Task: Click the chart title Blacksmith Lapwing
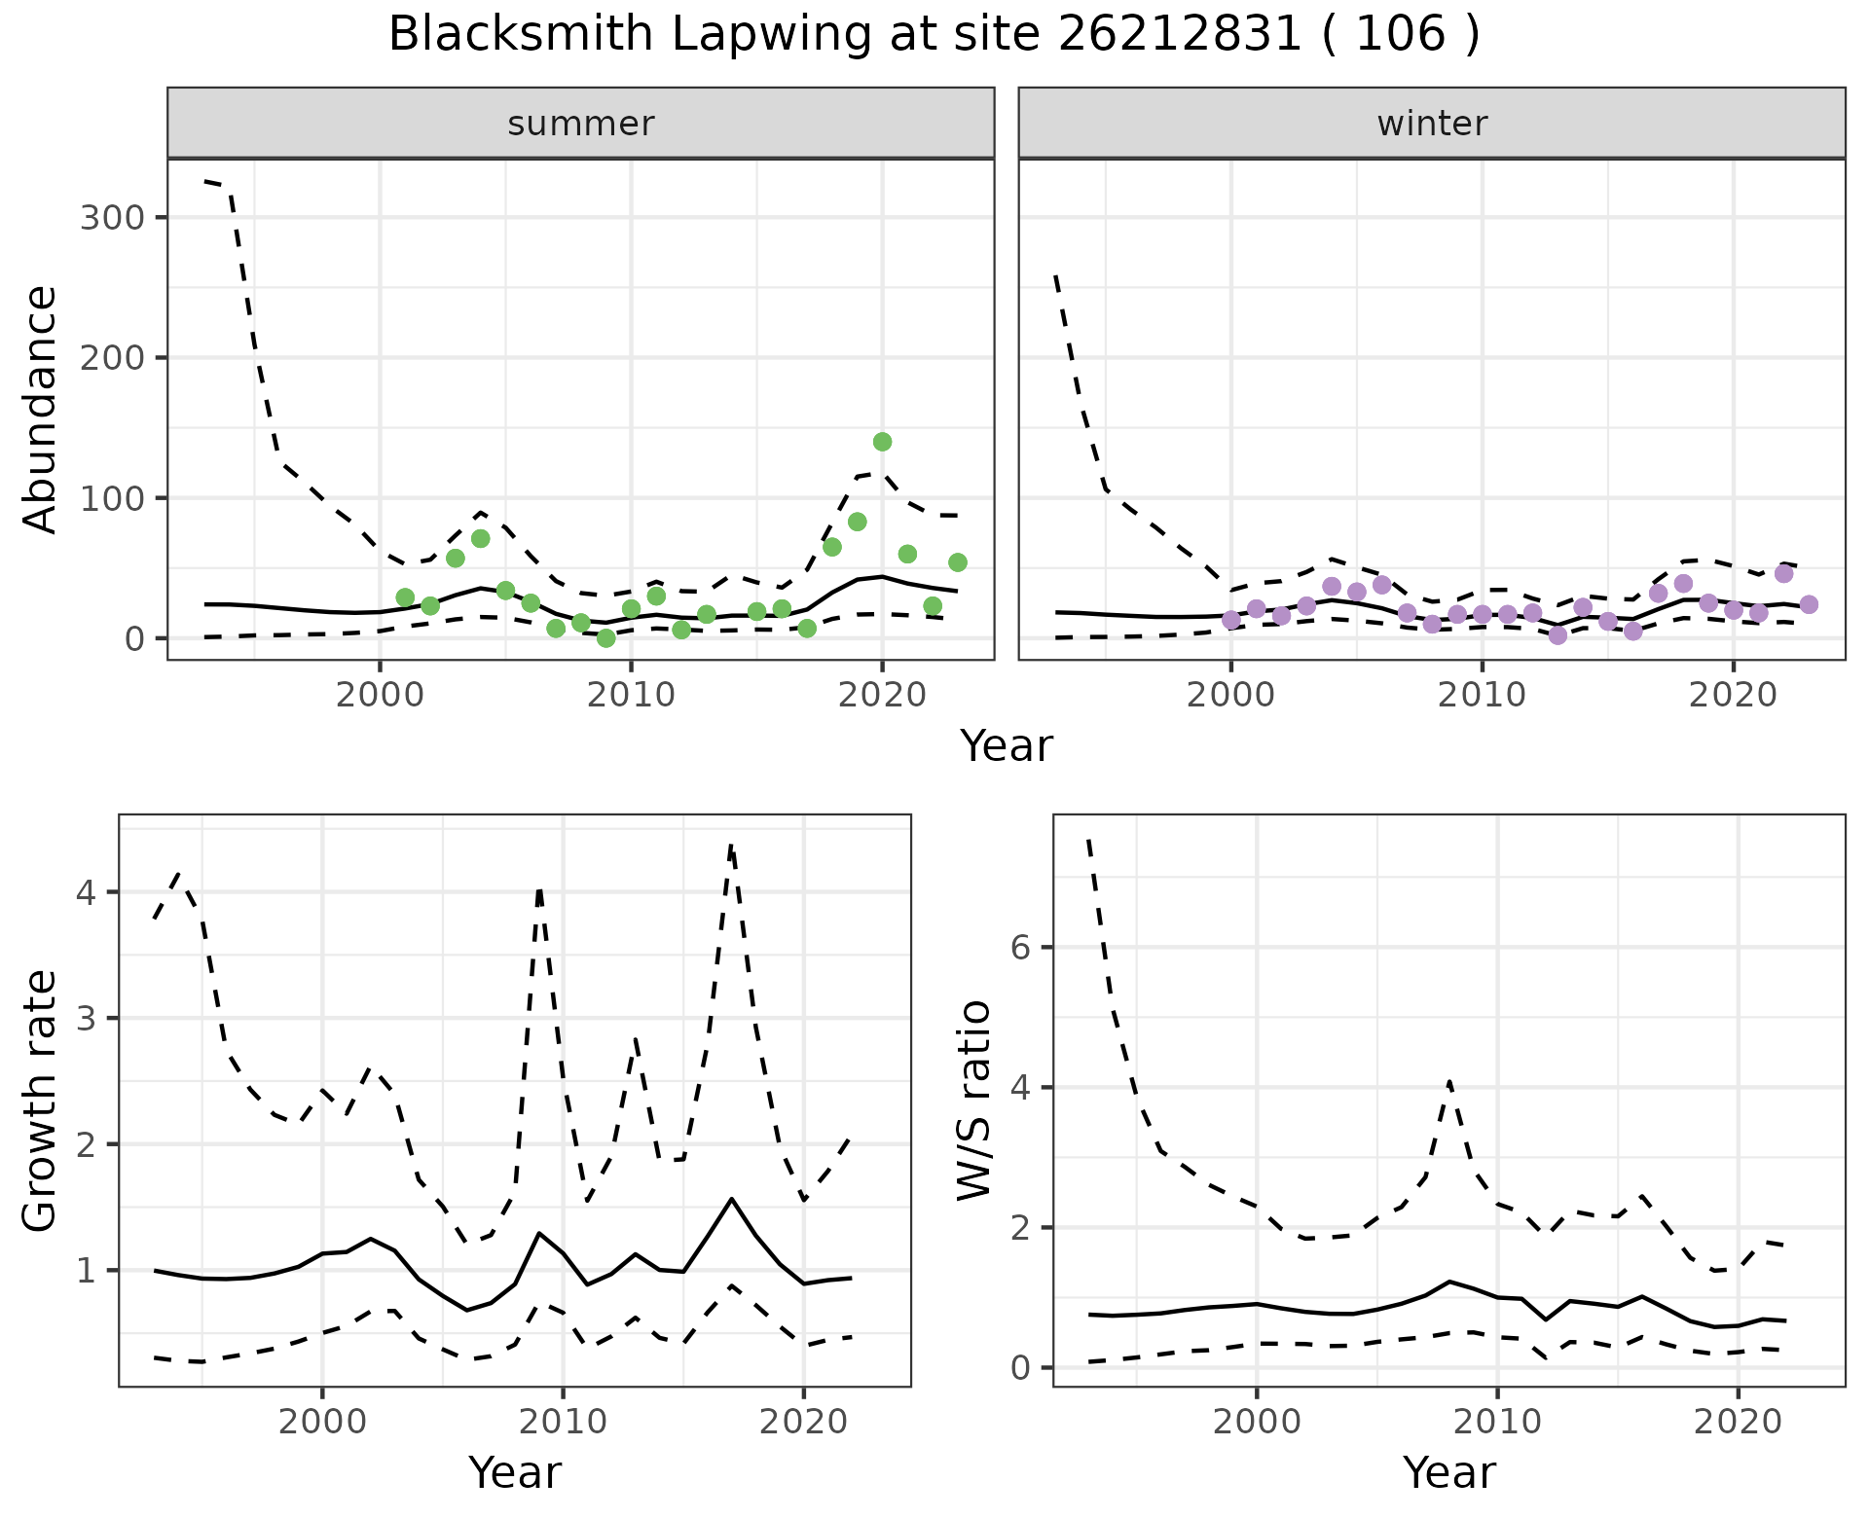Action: pyautogui.click(x=934, y=35)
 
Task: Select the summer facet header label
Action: pyautogui.click(x=581, y=124)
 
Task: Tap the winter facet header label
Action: pyautogui.click(x=1432, y=124)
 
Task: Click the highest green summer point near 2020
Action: pyautogui.click(x=882, y=442)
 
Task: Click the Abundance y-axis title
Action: pyautogui.click(x=40, y=409)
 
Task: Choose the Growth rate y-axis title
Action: pyautogui.click(x=40, y=1101)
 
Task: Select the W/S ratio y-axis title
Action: pyautogui.click(x=974, y=1101)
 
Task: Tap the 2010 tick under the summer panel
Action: pyautogui.click(x=631, y=695)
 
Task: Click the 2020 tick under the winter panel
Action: pyautogui.click(x=1733, y=695)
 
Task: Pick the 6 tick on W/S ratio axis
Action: pyautogui.click(x=1020, y=948)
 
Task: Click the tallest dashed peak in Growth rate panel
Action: pyautogui.click(x=731, y=847)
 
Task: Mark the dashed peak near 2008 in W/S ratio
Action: pyautogui.click(x=1448, y=1081)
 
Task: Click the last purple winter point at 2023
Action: pyautogui.click(x=1809, y=604)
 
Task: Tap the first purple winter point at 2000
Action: pyautogui.click(x=1231, y=620)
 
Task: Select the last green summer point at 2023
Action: pyautogui.click(x=957, y=562)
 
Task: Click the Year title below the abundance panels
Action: pyautogui.click(x=1007, y=746)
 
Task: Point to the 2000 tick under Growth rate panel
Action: pyautogui.click(x=322, y=1422)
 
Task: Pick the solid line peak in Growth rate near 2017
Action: pyautogui.click(x=731, y=1199)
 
